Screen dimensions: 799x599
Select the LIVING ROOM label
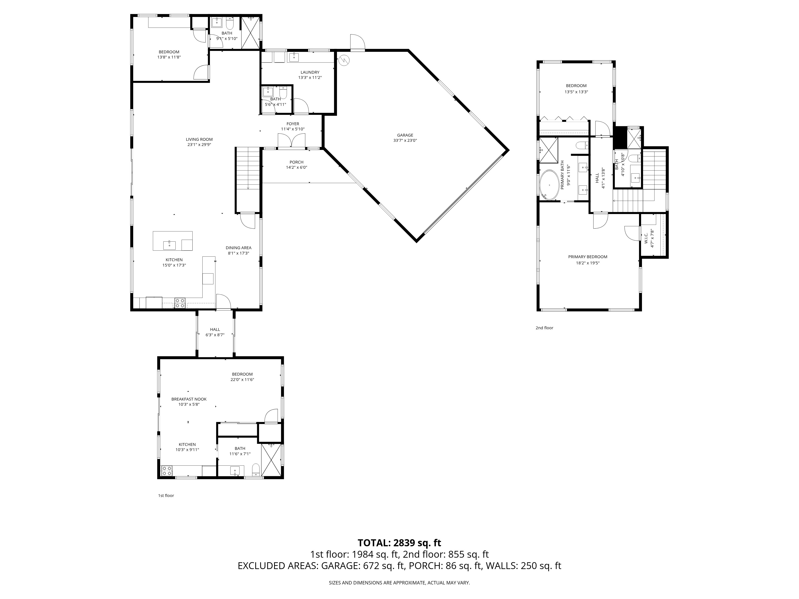click(x=199, y=139)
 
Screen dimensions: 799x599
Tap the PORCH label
click(x=296, y=162)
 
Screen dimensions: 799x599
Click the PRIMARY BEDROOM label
click(x=588, y=257)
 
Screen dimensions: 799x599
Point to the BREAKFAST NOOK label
click(x=189, y=399)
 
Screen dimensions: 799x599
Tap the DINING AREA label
click(x=238, y=248)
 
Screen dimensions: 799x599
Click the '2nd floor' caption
click(x=544, y=328)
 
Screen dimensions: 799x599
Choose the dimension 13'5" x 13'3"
click(x=576, y=92)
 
